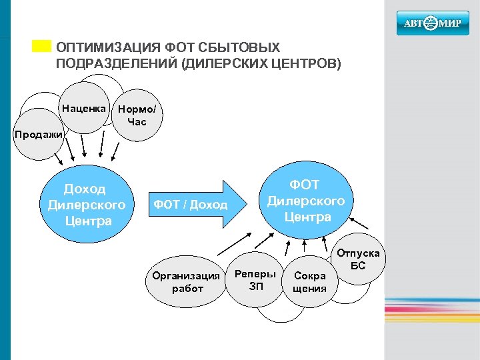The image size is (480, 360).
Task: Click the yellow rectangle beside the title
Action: (41, 45)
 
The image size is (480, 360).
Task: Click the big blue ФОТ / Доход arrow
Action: (193, 204)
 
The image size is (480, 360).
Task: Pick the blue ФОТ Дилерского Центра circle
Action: (306, 200)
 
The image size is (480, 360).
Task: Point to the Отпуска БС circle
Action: (359, 260)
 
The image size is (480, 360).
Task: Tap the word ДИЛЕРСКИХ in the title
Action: (224, 64)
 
